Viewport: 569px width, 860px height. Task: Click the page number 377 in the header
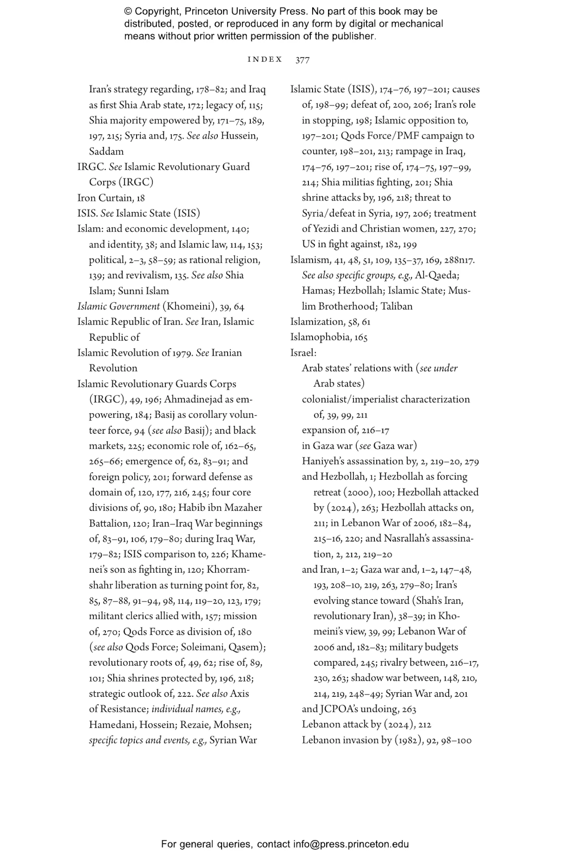302,60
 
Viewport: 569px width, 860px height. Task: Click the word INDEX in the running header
265,59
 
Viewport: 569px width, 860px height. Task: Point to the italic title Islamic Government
118,306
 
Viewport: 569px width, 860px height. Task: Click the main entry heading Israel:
303,353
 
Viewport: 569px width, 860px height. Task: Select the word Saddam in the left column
106,151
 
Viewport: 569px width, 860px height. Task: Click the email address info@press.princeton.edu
351,844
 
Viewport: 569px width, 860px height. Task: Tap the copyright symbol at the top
128,11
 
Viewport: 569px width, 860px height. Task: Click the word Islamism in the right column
310,260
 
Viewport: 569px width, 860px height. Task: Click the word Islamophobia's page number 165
361,337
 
